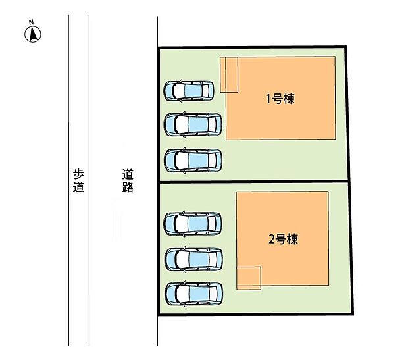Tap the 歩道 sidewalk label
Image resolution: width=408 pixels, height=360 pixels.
[x=79, y=180]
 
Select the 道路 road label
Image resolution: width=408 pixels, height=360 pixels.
[x=128, y=180]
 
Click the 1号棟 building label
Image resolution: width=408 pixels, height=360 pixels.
[x=280, y=99]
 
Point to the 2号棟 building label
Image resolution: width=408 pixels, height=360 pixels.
[x=283, y=239]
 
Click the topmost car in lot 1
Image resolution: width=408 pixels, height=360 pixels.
[x=189, y=90]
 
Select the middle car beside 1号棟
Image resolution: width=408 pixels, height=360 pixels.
[x=193, y=123]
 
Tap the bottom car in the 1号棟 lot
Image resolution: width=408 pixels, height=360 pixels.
[x=193, y=160]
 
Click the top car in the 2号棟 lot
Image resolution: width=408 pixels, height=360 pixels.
[x=192, y=223]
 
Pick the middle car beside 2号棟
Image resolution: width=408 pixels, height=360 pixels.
[x=192, y=259]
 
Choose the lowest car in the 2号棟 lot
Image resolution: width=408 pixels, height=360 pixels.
[x=192, y=293]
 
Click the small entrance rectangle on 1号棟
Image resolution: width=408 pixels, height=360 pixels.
[x=229, y=74]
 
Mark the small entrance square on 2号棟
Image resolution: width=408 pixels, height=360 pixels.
[x=249, y=277]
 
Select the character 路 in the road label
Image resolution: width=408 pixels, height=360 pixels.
[x=128, y=187]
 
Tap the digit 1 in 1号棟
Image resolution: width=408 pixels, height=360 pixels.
[x=268, y=99]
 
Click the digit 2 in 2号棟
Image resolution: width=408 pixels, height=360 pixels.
[x=271, y=239]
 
